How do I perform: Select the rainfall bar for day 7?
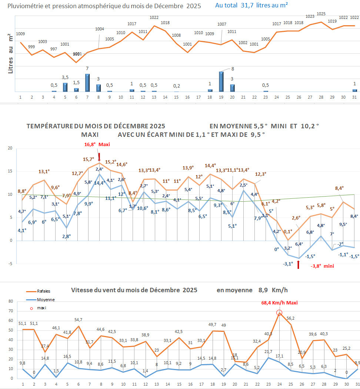(x=87, y=83)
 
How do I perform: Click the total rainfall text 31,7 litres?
(x=252, y=5)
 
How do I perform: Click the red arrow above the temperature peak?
(x=99, y=156)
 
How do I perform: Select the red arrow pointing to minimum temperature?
(x=298, y=266)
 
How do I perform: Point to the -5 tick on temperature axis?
(x=11, y=264)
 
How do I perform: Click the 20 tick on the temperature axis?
(x=10, y=148)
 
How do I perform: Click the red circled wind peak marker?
(x=279, y=313)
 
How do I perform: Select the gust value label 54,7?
(x=78, y=319)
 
